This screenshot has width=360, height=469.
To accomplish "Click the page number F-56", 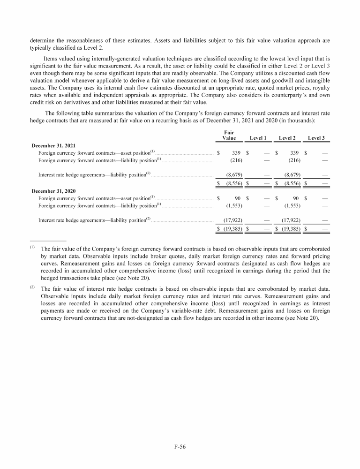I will pyautogui.click(x=180, y=446).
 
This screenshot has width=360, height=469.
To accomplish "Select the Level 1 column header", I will pyautogui.click(x=258, y=137).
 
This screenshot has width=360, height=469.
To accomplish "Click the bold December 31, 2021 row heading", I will pyautogui.click(x=53, y=145).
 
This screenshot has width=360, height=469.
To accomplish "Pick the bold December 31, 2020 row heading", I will pyautogui.click(x=53, y=191).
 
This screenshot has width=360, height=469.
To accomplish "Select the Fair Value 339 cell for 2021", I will pyautogui.click(x=237, y=153).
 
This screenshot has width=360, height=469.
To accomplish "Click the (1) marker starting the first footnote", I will pyautogui.click(x=32, y=247).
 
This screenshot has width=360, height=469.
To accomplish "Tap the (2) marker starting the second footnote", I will pyautogui.click(x=32, y=282).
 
